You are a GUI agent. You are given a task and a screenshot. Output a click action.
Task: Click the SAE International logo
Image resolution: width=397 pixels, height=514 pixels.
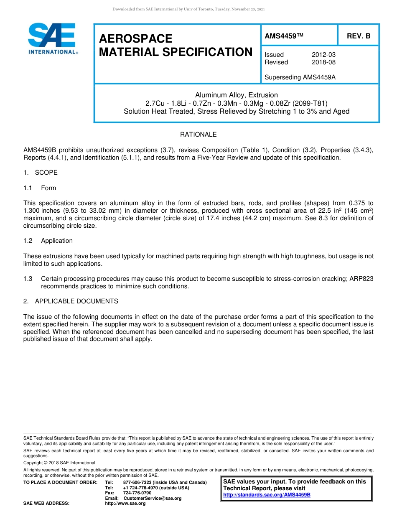tap(52, 39)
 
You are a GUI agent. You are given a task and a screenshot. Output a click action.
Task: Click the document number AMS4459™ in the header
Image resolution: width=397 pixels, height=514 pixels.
tap(284, 36)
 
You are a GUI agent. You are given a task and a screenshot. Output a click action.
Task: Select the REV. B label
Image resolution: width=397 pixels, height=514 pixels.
tap(358, 36)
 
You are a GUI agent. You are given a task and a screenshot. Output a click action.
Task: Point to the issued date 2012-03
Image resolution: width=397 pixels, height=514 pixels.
tap(323, 55)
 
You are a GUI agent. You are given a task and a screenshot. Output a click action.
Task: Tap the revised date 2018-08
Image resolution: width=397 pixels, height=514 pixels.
tap(323, 62)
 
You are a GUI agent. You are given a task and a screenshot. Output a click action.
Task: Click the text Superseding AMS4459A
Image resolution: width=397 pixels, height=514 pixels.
tap(294, 77)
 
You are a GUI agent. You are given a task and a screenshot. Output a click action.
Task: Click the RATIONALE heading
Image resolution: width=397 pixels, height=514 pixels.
tap(198, 135)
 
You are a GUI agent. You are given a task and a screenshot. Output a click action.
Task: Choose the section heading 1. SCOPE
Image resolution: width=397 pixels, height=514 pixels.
tap(41, 173)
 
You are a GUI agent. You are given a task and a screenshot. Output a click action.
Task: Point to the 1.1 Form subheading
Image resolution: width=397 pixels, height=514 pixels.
tap(40, 188)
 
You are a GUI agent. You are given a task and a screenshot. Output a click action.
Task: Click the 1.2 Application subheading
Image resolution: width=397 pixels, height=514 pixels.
tap(48, 241)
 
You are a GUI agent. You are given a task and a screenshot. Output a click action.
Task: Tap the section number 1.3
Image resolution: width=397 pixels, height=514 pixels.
tap(28, 279)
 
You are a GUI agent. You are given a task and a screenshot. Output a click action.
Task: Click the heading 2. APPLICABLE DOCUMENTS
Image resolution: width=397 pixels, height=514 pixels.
tap(71, 301)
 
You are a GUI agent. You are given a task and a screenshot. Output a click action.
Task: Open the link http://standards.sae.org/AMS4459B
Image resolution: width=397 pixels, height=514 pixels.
tap(267, 495)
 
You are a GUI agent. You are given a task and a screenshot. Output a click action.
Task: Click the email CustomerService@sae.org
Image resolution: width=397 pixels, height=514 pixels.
tap(153, 498)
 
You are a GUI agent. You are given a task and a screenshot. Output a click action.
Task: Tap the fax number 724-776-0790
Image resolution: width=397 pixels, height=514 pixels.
tap(137, 493)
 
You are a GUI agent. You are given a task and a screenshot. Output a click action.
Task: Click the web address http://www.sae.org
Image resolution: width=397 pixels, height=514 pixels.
tap(125, 503)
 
